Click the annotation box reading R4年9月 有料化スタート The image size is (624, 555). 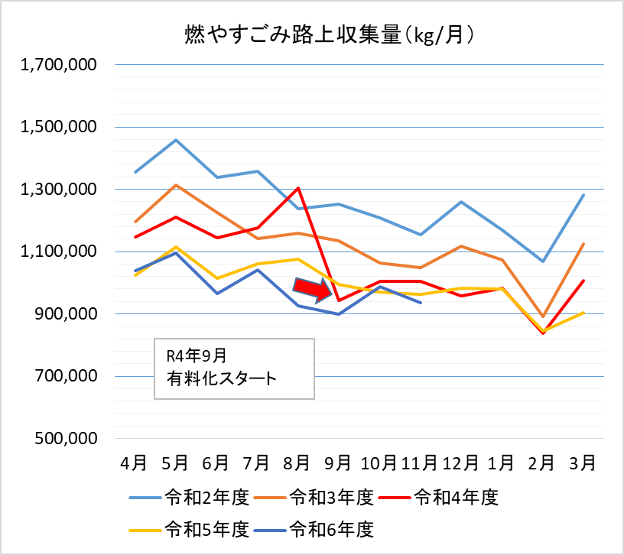[234, 368]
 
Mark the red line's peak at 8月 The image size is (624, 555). [298, 188]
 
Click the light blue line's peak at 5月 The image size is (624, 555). [176, 140]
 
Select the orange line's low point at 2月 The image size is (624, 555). [542, 316]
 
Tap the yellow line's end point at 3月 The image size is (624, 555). [583, 313]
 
